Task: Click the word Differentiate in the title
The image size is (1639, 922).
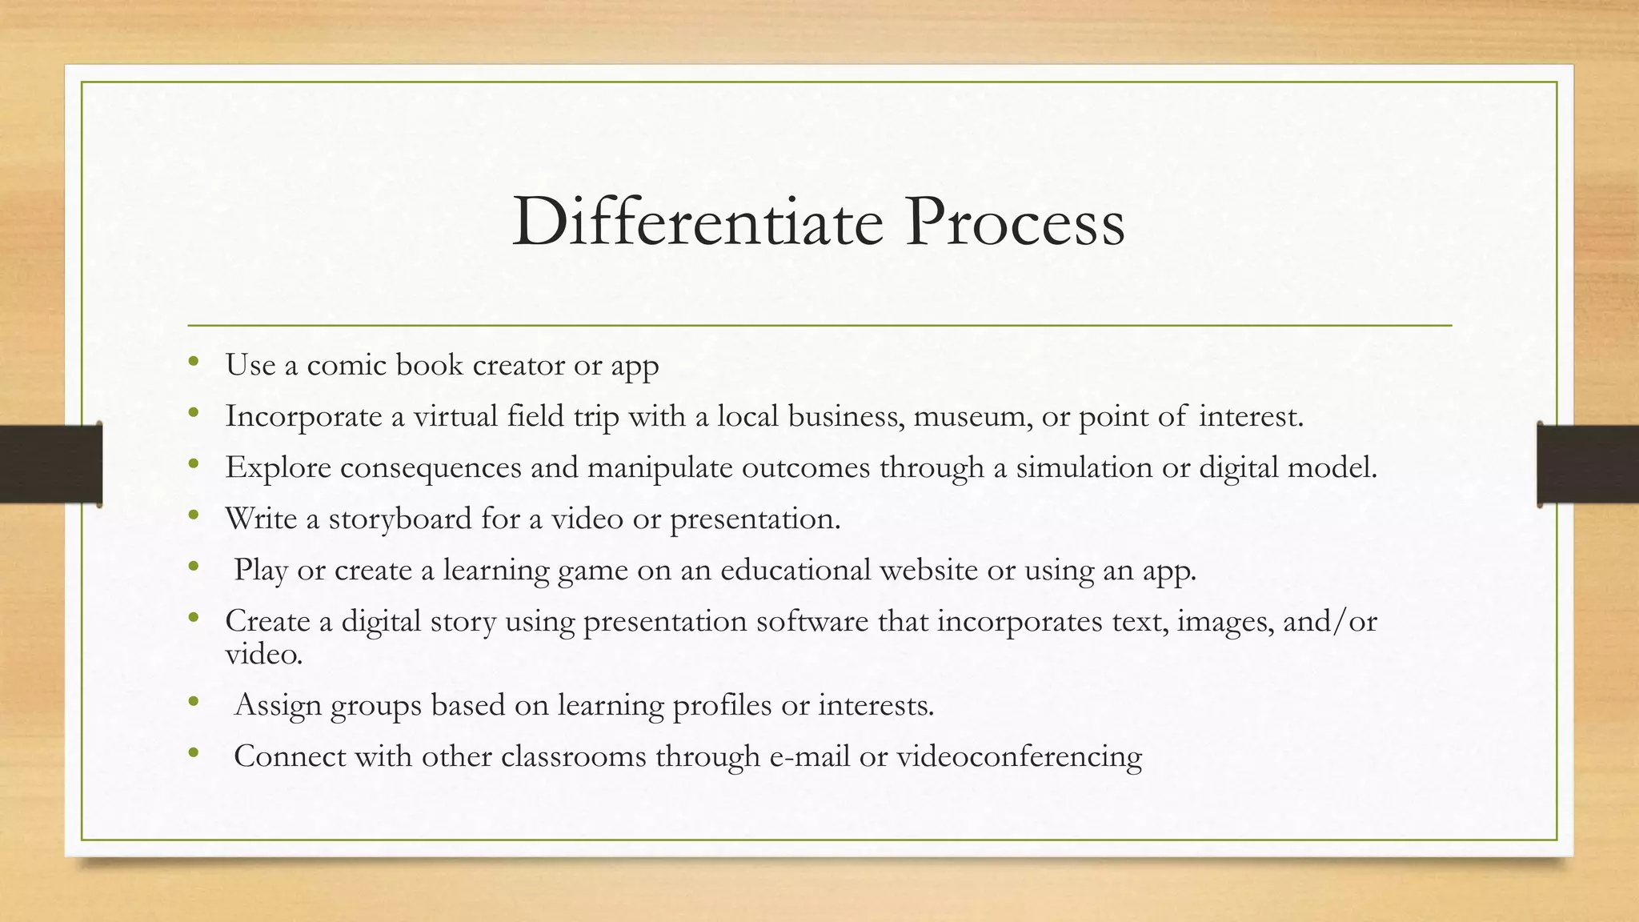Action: (697, 222)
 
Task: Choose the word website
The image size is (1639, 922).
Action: (928, 570)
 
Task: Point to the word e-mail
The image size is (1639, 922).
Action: (809, 756)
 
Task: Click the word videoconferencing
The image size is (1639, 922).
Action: (1019, 756)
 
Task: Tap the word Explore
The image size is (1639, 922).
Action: (278, 467)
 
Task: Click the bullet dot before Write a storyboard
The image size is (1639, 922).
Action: (193, 516)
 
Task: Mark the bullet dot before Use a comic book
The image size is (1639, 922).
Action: (193, 363)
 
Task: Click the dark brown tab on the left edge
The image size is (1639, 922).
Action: (50, 464)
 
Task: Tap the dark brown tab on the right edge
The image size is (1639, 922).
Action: (1588, 464)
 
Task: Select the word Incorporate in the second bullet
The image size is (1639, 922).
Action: (303, 416)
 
